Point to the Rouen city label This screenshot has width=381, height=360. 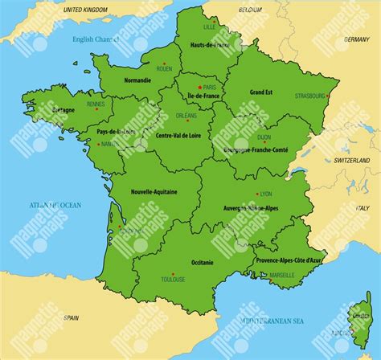pyautogui.click(x=164, y=69)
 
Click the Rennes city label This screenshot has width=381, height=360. pyautogui.click(x=96, y=104)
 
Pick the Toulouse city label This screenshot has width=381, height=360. pyautogui.click(x=172, y=280)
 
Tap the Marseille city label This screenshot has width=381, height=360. pyautogui.click(x=282, y=275)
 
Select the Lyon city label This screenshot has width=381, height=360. pyautogui.click(x=266, y=194)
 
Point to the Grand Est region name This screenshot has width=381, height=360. pyautogui.click(x=261, y=92)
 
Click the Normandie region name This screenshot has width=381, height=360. pyautogui.click(x=138, y=81)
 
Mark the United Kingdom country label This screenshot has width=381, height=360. pyautogui.click(x=86, y=9)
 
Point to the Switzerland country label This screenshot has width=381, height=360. pyautogui.click(x=350, y=161)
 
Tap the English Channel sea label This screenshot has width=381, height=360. pyautogui.click(x=95, y=39)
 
